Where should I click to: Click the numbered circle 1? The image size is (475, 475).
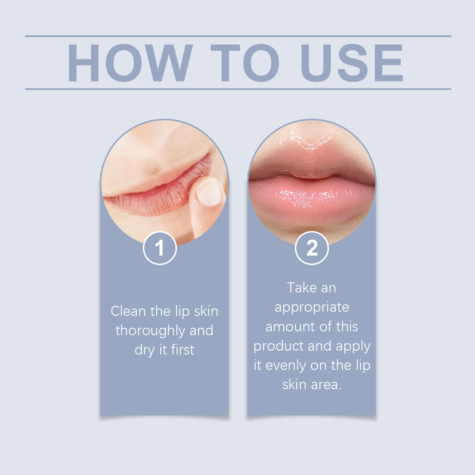160,248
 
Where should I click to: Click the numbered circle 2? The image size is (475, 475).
311,248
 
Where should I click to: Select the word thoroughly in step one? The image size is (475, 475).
151,331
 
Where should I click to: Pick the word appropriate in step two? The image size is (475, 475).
311,308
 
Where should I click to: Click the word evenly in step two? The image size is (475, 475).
286,366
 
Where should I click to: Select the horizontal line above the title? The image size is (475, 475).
238,36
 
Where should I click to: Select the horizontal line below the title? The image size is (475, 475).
238,89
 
